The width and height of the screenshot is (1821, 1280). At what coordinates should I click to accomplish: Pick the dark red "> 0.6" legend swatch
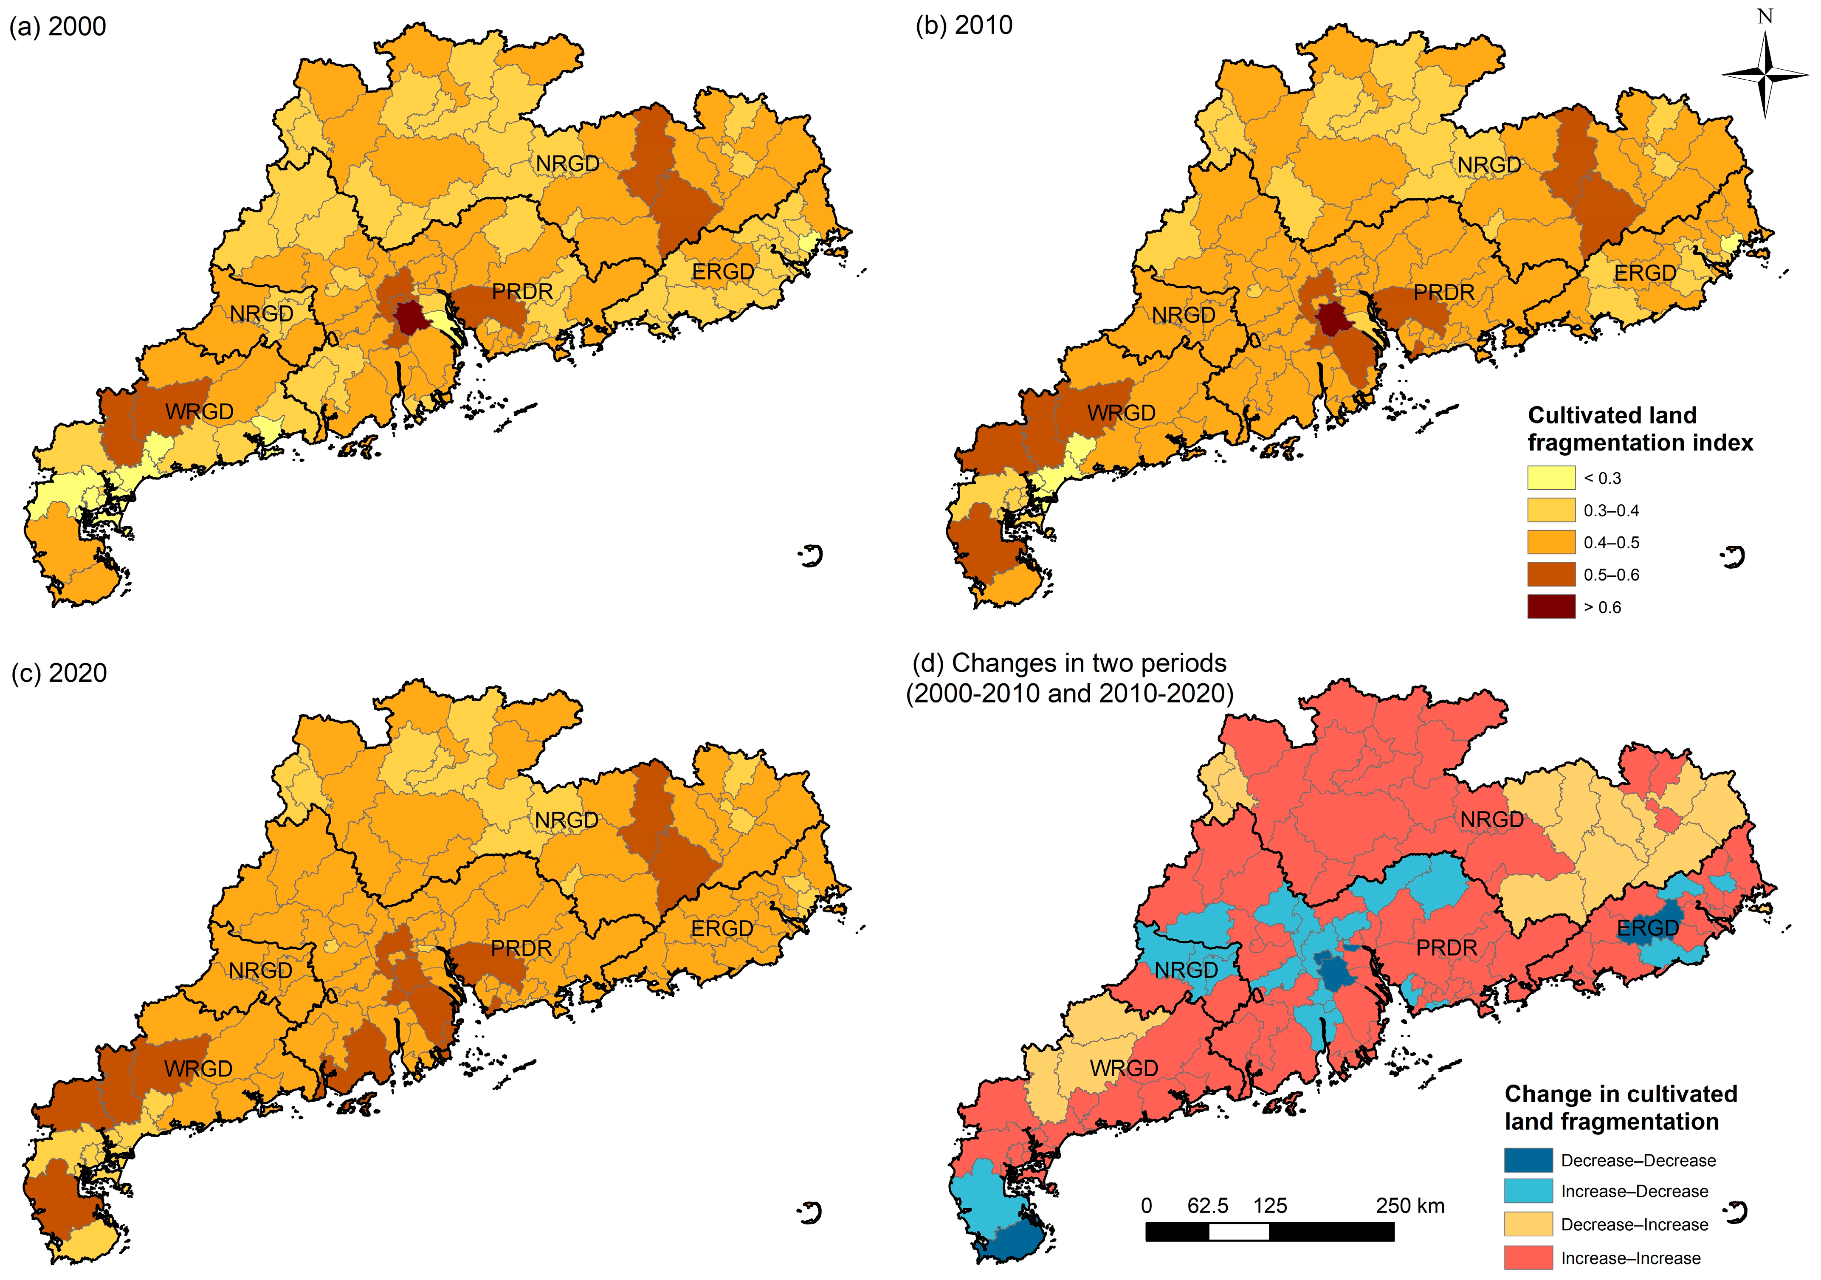pos(1550,607)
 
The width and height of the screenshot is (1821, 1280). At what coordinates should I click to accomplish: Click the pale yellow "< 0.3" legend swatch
pos(1550,477)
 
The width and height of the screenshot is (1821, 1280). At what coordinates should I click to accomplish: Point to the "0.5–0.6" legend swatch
pos(1550,574)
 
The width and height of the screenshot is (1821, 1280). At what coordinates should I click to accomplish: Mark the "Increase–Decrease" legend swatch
pos(1528,1191)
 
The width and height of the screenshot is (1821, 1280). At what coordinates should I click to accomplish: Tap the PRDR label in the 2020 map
pos(520,948)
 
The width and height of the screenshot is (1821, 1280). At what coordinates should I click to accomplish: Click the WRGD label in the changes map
pos(1124,1068)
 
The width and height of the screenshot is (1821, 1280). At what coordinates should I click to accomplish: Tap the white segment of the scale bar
pos(1239,1232)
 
